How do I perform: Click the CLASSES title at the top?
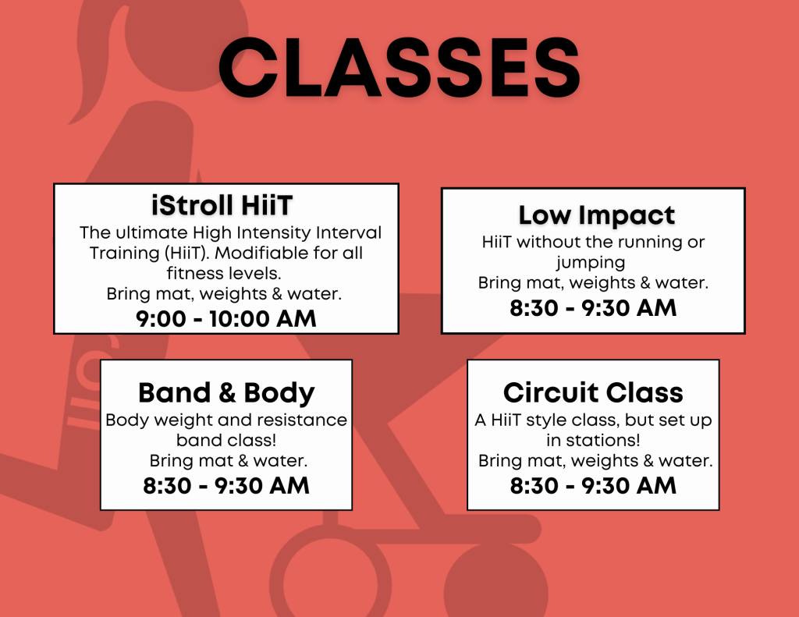[x=399, y=67]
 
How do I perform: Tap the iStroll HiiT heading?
[x=222, y=205]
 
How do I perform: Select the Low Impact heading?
[x=597, y=215]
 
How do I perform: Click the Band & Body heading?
[x=226, y=393]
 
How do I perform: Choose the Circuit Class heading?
[x=593, y=392]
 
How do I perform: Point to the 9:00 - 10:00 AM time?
[x=225, y=319]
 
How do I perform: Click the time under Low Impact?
[x=593, y=308]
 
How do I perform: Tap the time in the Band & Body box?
[x=226, y=485]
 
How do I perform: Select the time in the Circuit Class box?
[x=593, y=485]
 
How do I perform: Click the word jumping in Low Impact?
[x=591, y=263]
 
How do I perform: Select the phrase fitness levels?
[x=224, y=274]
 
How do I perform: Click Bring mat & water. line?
[x=229, y=460]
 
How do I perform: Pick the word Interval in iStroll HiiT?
[x=349, y=232]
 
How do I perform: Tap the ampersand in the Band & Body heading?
[x=227, y=393]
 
